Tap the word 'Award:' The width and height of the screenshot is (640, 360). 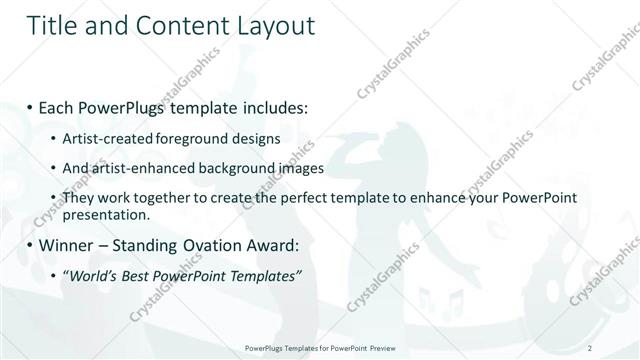[273, 245]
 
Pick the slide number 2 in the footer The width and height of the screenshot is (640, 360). [591, 347]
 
